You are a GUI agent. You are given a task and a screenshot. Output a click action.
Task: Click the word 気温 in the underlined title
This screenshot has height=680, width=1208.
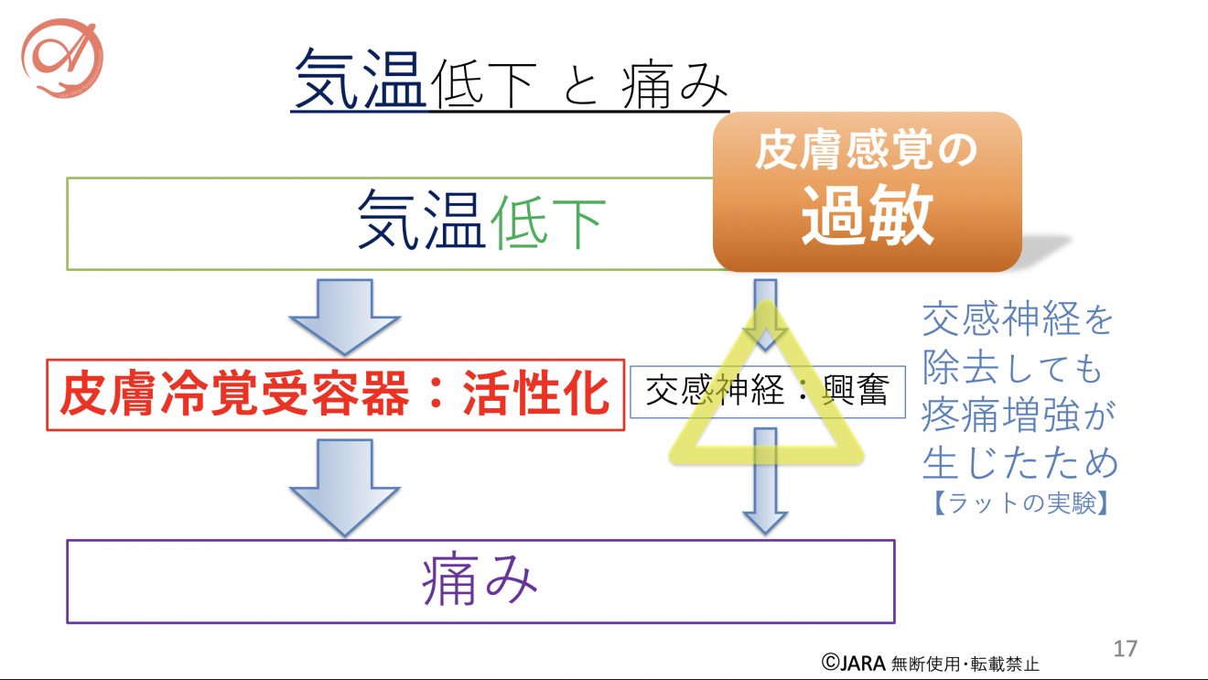[x=359, y=81]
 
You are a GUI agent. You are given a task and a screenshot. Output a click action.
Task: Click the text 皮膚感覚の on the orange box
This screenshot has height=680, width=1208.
[x=866, y=152]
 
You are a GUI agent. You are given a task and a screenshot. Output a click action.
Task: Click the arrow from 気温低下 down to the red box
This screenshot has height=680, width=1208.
[x=344, y=317]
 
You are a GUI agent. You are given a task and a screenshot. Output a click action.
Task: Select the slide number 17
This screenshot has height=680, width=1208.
[x=1125, y=649]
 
